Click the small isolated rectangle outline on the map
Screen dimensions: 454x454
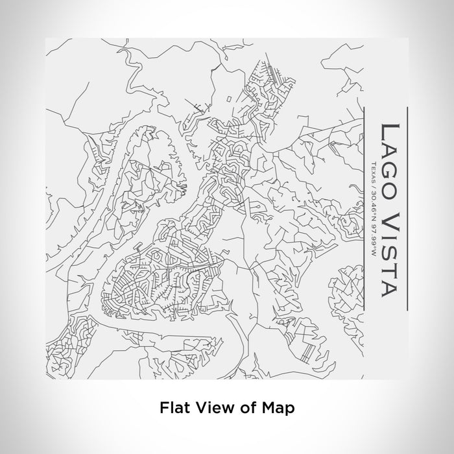tap(230, 98)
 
